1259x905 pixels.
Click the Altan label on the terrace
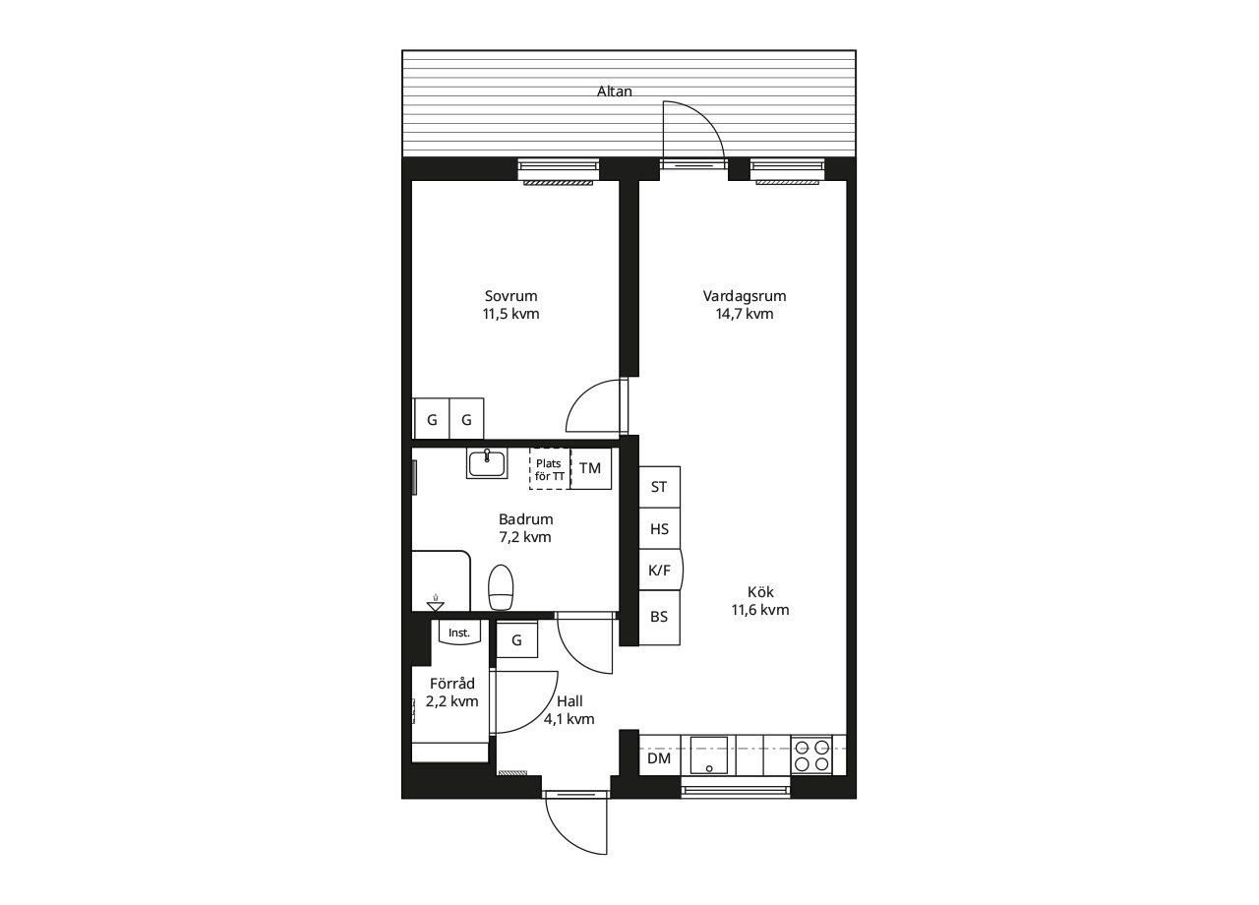[x=615, y=91]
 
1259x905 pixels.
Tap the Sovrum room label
[x=510, y=296]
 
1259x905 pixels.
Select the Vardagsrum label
[x=745, y=296]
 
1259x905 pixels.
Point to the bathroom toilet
[x=501, y=587]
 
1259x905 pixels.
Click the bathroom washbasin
[x=487, y=463]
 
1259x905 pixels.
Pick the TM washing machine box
[x=591, y=468]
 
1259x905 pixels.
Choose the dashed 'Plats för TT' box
[x=549, y=469]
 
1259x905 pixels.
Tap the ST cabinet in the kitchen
[x=659, y=487]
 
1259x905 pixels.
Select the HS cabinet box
[x=659, y=528]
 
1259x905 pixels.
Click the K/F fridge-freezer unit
[x=660, y=570]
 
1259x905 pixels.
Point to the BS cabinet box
[x=659, y=617]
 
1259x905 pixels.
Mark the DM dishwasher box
[x=660, y=756]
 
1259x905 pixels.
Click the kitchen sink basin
[x=709, y=754]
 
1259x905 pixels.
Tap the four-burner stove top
[x=811, y=754]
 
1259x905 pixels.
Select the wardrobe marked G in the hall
[x=517, y=639]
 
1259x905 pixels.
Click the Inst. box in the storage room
[x=459, y=633]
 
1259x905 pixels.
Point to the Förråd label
[x=452, y=684]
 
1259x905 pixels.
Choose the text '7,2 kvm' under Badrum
[x=525, y=537]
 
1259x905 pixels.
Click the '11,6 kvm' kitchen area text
[x=760, y=610]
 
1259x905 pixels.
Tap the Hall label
[x=570, y=701]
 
